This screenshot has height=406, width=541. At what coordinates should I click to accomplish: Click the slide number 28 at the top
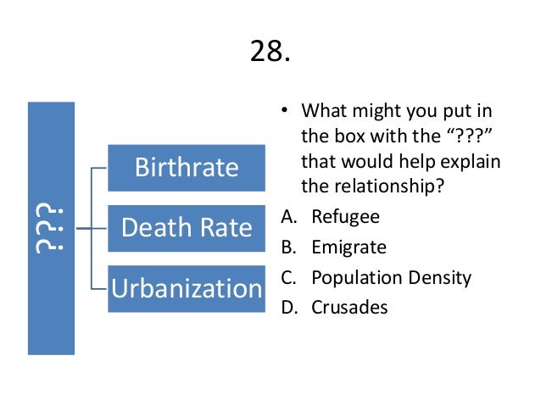point(270,52)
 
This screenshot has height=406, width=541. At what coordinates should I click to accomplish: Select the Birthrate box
point(187,167)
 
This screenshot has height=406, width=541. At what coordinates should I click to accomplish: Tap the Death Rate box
point(187,227)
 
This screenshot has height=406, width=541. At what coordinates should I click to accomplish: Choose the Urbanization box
point(187,288)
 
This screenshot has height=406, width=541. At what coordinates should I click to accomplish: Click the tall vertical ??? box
point(51,228)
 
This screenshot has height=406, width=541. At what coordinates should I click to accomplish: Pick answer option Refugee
point(345,216)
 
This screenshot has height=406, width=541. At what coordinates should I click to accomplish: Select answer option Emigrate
point(349,247)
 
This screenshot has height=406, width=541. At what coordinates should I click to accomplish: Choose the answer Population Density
point(391,277)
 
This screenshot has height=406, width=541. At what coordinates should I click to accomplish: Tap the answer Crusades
point(349,307)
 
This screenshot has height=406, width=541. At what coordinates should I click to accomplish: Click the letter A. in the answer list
point(287,216)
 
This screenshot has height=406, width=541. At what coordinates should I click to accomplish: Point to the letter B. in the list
point(287,247)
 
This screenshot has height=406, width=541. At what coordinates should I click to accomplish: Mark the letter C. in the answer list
point(287,277)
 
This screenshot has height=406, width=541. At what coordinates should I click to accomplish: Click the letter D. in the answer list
point(288,307)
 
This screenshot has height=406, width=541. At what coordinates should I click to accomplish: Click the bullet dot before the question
point(284,112)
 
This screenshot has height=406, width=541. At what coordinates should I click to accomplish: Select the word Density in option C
point(440,277)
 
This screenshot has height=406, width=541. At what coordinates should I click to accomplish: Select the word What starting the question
point(324,112)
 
